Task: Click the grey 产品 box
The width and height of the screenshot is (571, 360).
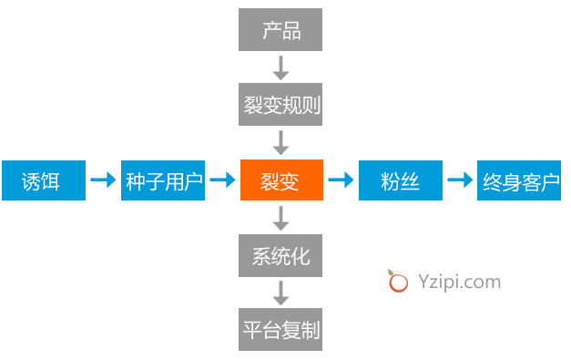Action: [280, 29]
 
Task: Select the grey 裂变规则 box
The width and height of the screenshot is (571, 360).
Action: [280, 104]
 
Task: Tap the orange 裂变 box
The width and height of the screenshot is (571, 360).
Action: [281, 180]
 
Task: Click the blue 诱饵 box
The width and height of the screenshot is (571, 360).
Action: [44, 180]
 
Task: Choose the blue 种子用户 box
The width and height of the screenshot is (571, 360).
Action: [163, 180]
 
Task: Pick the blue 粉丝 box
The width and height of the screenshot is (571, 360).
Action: [401, 180]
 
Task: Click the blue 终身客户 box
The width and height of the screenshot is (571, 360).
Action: [519, 180]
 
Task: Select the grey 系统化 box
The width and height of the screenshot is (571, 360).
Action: [280, 255]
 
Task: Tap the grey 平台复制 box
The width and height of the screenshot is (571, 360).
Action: [280, 329]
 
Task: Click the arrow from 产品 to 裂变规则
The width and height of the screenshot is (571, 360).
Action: [280, 67]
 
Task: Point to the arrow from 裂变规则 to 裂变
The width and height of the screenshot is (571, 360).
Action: [280, 143]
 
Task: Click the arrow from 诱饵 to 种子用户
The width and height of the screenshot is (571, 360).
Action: [103, 180]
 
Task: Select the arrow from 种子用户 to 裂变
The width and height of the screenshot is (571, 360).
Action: [222, 180]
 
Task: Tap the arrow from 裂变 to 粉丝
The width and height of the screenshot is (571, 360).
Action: [341, 180]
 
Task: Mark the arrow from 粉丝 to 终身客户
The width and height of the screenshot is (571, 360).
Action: [460, 180]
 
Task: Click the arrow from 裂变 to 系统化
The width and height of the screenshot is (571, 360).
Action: [280, 218]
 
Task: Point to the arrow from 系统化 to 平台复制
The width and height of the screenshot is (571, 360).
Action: [280, 293]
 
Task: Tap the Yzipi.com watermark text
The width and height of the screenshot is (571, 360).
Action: [460, 282]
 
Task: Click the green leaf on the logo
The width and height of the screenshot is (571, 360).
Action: [391, 273]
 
